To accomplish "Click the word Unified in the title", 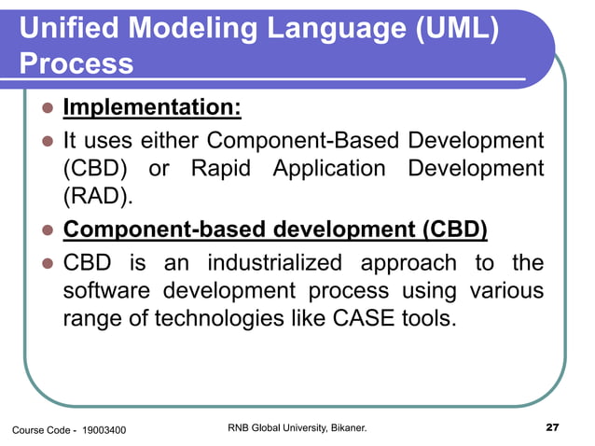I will tap(68, 29).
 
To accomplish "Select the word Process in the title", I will tap(76, 65).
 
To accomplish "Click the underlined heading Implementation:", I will tap(152, 108).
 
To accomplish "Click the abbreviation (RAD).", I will tap(92, 199).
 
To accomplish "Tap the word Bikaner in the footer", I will tap(344, 428).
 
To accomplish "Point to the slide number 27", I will tap(552, 428).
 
